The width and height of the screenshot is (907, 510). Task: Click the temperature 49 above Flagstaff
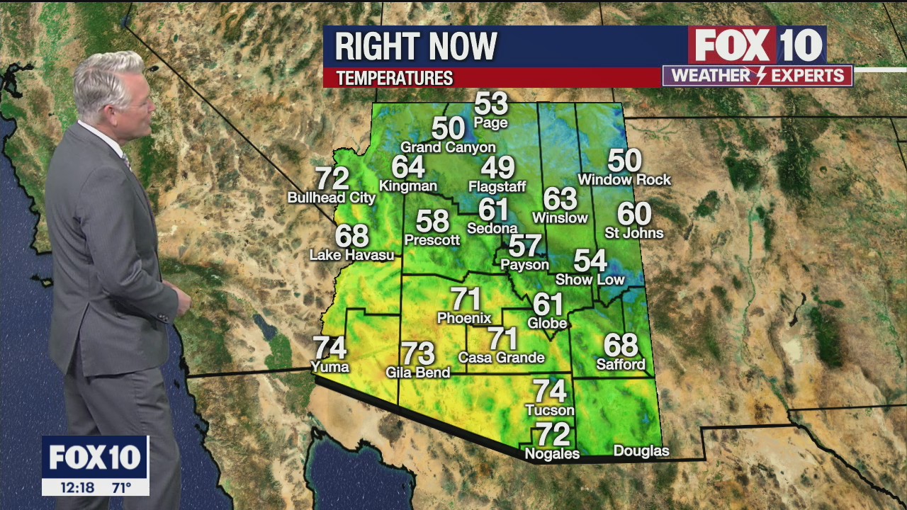point(497,168)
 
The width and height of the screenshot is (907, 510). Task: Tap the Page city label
point(491,123)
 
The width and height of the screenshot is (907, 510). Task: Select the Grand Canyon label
point(448,147)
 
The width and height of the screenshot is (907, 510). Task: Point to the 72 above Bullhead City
point(332,178)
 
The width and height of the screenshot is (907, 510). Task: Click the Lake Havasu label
point(351,255)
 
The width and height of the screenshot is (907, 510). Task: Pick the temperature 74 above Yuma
point(330,348)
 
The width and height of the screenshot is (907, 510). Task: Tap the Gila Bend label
point(418,372)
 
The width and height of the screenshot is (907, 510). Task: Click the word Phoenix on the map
point(464,318)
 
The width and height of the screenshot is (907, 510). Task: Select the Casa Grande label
point(501,358)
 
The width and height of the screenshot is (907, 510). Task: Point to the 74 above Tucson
point(550,391)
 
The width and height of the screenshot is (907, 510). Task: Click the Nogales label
point(552,454)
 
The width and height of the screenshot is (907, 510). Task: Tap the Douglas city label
point(641,451)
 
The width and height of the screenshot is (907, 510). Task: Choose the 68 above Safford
point(621,346)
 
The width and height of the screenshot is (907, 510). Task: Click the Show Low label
point(590,280)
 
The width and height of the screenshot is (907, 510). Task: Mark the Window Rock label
point(624,180)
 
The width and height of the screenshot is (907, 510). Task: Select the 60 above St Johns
point(634,213)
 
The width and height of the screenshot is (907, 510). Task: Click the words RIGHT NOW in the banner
point(416,47)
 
